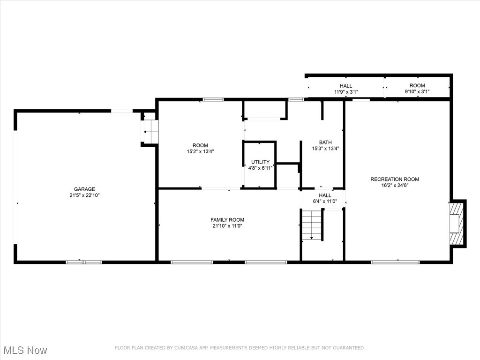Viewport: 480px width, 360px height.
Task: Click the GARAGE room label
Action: point(84,189)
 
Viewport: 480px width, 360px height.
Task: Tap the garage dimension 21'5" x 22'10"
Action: point(84,195)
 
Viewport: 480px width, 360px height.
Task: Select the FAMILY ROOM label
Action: point(227,220)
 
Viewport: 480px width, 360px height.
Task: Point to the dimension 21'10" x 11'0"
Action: point(227,226)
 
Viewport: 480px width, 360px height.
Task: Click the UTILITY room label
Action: point(260,162)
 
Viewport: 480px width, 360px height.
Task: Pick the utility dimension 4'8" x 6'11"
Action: point(260,167)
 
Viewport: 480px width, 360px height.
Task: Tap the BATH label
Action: point(325,142)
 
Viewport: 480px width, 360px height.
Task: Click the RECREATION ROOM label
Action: point(395,179)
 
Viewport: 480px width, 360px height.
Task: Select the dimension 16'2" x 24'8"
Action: point(395,185)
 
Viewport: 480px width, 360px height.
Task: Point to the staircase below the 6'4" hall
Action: point(312,225)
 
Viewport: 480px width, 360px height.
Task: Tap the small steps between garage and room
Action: point(150,132)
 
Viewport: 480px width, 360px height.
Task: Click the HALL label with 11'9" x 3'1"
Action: point(346,86)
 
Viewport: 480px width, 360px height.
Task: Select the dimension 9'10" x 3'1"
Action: point(417,92)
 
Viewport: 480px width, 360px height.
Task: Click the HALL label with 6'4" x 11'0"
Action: point(325,195)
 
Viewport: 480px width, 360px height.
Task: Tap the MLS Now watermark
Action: point(25,350)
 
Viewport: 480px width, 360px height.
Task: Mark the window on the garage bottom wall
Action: point(83,262)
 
